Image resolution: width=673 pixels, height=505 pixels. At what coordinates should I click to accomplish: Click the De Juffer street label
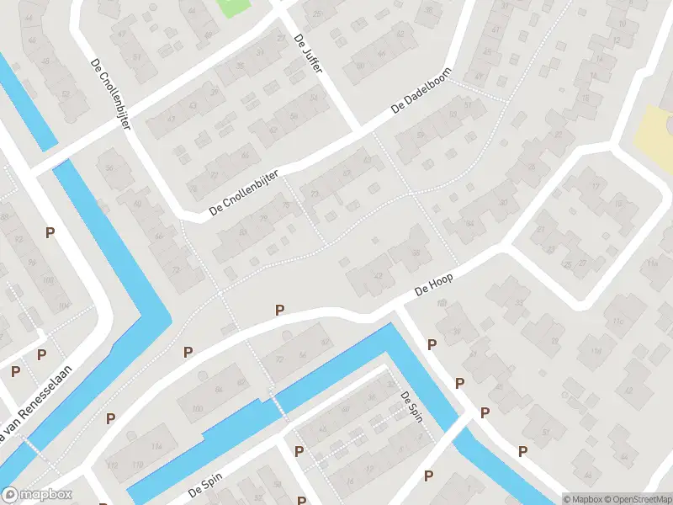(x=308, y=53)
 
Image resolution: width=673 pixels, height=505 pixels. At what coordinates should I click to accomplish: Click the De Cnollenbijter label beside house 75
(x=245, y=199)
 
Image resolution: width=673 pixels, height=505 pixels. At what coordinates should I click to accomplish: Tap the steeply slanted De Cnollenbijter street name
(x=111, y=93)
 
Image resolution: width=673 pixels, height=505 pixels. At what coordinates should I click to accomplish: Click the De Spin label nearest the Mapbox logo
(x=204, y=489)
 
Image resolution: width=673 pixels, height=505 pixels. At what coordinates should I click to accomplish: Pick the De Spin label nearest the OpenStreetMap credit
(x=411, y=407)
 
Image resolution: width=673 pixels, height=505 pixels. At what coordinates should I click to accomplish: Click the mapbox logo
(x=38, y=495)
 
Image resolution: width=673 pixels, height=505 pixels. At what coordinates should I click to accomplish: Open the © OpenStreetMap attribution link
(x=638, y=499)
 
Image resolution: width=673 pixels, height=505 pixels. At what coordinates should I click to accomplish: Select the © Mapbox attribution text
(x=581, y=499)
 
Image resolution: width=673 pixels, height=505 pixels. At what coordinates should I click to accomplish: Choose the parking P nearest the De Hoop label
(x=432, y=344)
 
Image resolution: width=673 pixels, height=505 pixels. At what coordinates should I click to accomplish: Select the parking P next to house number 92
(x=50, y=232)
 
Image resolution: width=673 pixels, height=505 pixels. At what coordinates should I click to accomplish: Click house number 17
(x=596, y=185)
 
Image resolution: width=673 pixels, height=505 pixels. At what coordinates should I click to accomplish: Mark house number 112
(x=113, y=464)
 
